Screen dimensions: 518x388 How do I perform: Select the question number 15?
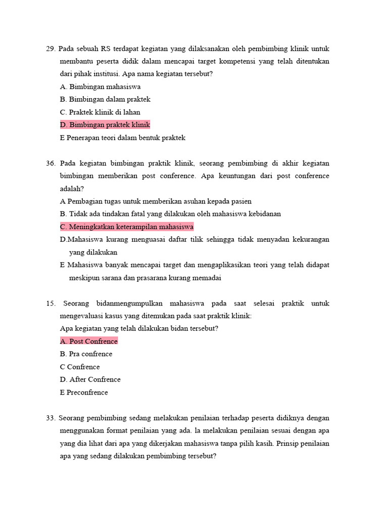click(50, 304)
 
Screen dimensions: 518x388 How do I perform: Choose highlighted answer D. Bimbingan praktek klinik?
click(105, 125)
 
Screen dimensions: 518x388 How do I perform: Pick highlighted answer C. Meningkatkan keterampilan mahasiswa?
click(126, 227)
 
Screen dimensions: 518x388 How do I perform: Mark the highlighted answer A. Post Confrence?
click(88, 341)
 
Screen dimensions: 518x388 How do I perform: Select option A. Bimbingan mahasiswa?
click(100, 87)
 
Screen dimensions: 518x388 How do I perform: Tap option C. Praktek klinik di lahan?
click(100, 112)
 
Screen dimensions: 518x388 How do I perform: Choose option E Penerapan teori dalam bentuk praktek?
click(123, 138)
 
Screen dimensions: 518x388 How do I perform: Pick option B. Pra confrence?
click(86, 354)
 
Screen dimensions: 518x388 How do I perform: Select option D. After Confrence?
click(90, 379)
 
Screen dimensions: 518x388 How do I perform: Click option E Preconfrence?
click(84, 393)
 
